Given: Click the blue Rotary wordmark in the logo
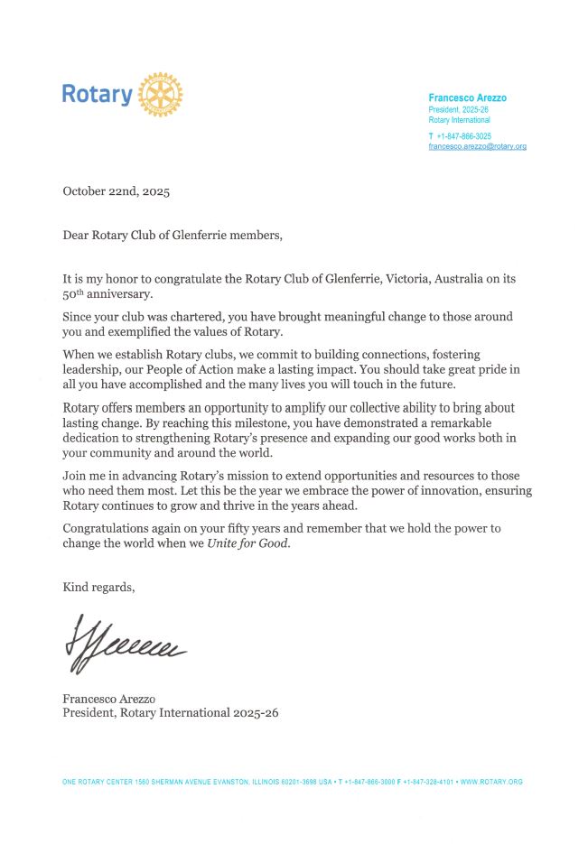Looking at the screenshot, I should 97,94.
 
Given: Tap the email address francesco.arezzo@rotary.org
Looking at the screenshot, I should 477,146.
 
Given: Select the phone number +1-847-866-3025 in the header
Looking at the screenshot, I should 463,136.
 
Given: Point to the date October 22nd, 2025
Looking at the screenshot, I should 116,191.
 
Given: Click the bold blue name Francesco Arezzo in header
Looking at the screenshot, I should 467,97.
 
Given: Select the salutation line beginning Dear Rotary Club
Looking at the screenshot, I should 172,236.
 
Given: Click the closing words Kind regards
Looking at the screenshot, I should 98,588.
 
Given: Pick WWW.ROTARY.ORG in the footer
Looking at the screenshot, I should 491,782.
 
